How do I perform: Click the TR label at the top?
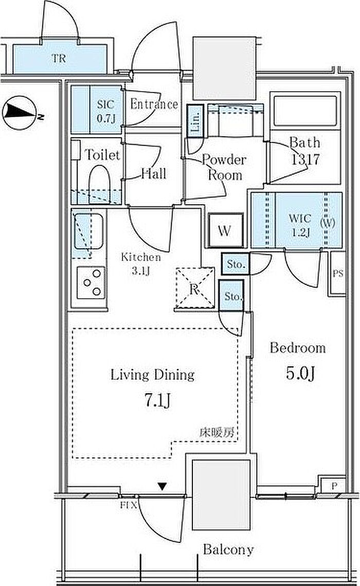pos(59,58)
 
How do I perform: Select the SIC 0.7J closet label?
pos(106,111)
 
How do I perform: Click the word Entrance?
pos(154,104)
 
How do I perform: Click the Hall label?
pos(154,173)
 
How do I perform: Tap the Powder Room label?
pos(224,167)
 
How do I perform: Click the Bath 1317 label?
pos(305,151)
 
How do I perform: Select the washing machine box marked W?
pos(225,230)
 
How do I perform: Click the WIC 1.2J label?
pos(300,225)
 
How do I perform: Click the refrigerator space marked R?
pos(195,288)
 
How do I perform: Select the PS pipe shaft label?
pos(337,273)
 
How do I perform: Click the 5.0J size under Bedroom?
pos(300,373)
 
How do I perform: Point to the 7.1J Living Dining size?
pos(157,400)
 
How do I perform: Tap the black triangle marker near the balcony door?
pos(162,486)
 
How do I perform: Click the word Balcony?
pos(228,549)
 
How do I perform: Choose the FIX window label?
pos(129,505)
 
